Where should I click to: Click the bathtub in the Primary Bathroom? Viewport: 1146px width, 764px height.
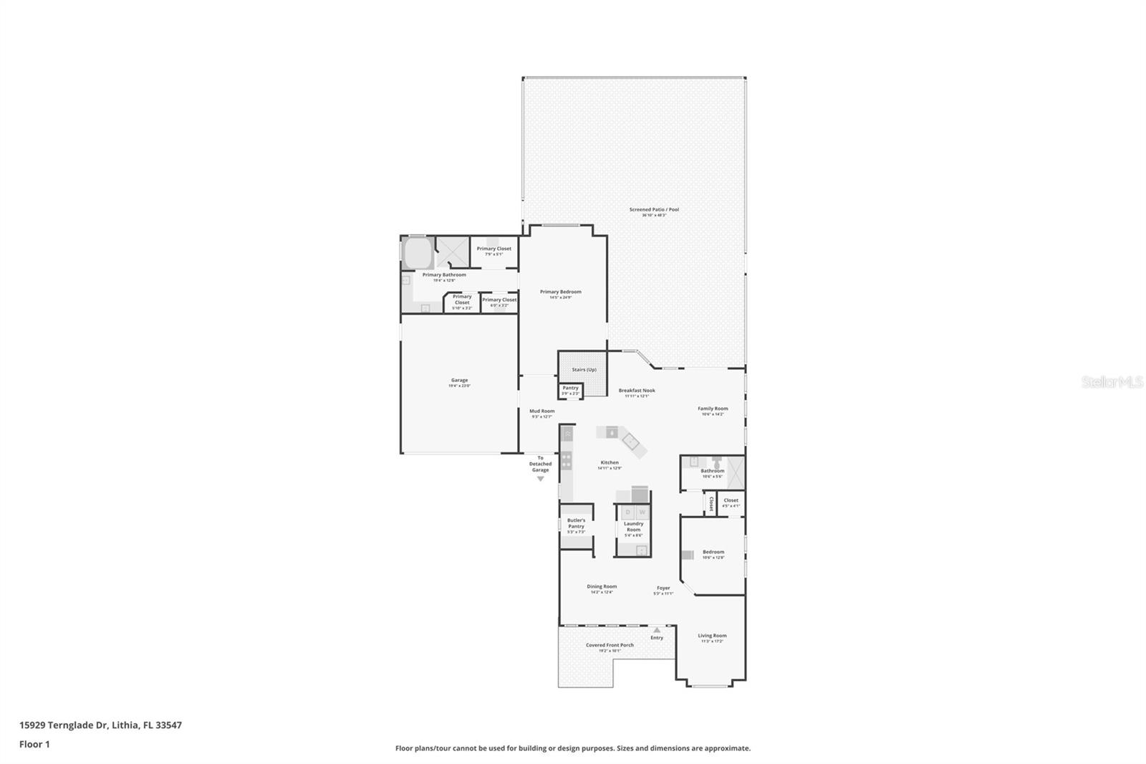point(417,253)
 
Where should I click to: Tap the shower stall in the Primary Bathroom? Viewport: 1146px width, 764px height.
point(452,252)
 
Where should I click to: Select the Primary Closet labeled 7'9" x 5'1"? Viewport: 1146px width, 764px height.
point(494,251)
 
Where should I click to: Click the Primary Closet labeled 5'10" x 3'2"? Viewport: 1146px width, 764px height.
point(462,302)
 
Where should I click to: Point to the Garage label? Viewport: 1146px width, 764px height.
point(459,381)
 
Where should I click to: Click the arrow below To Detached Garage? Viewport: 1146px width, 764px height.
point(540,479)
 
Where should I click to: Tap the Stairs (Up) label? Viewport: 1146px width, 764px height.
point(584,370)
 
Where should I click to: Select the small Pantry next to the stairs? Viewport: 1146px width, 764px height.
point(570,391)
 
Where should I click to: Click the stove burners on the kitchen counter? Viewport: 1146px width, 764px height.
point(567,460)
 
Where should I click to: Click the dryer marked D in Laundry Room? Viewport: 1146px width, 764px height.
point(628,512)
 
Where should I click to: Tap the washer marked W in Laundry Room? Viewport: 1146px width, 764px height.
point(642,512)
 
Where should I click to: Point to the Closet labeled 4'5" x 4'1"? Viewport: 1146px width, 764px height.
point(731,502)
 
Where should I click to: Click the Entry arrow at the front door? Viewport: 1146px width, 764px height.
point(657,630)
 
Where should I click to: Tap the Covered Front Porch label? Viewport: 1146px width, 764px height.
point(610,645)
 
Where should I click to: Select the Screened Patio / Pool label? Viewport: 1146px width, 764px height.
point(654,210)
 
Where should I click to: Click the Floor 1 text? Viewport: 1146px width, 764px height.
point(34,744)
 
